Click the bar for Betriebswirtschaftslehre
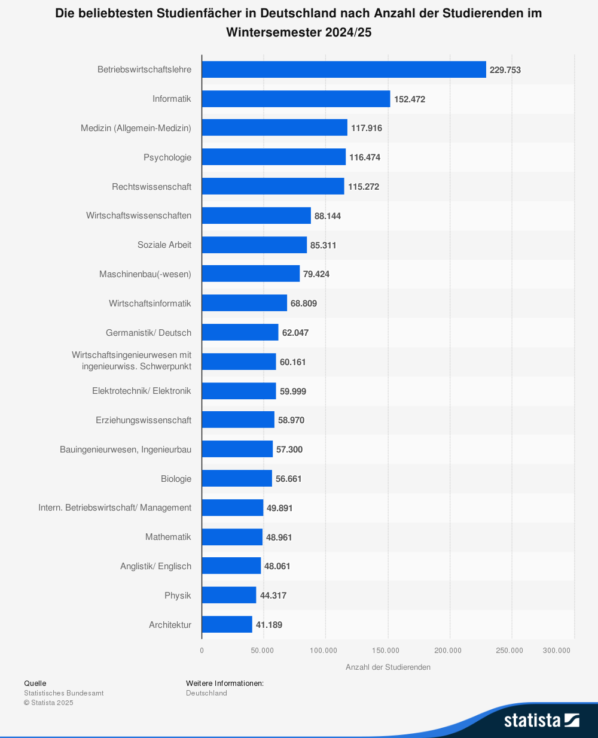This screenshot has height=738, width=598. tap(344, 69)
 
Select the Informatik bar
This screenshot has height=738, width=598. tap(296, 99)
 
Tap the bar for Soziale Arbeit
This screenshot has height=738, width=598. tap(254, 245)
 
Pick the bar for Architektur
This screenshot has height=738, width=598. tap(227, 624)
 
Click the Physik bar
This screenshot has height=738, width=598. tap(229, 595)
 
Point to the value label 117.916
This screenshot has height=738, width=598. tap(367, 128)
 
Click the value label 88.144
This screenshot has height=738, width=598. tap(328, 215)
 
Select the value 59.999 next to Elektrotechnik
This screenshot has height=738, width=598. tap(293, 391)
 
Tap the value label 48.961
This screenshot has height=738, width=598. tap(279, 537)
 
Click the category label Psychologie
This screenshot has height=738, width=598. tap(167, 157)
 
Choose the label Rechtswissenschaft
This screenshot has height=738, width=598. tap(151, 187)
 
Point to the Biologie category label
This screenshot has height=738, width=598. tap(176, 479)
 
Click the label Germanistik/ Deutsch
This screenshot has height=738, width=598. tap(148, 333)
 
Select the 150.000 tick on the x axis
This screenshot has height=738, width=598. tap(386, 651)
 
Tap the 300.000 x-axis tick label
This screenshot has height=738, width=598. tap(557, 651)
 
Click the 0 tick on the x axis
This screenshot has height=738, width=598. tap(202, 651)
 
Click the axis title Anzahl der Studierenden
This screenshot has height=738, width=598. tap(388, 667)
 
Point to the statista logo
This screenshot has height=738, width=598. tap(541, 719)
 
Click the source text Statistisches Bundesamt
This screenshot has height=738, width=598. tap(64, 693)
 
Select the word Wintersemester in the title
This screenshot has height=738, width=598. tap(274, 32)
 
